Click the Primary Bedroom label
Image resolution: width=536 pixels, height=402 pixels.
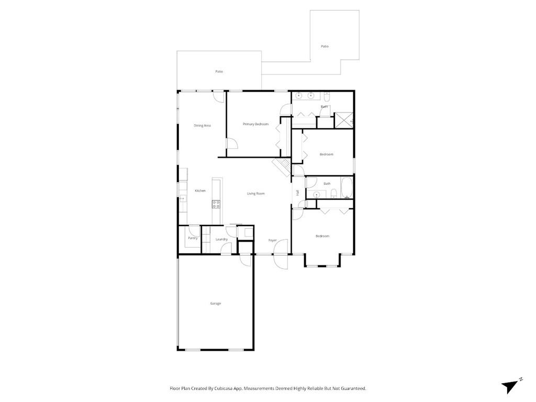coord(255,124)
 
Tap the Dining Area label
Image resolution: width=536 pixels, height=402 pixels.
coord(202,126)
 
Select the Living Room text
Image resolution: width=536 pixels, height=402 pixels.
coord(256,194)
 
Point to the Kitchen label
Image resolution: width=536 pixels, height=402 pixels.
coord(200,191)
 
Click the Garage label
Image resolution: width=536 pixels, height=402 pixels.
coord(215,304)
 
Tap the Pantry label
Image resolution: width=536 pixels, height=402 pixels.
coord(193,238)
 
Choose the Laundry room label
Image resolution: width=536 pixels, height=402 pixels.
coord(221,240)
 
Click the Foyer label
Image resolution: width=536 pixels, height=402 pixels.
coord(272,240)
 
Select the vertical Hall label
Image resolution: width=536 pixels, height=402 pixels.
coord(297,193)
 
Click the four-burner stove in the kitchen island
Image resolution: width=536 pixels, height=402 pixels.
coord(216,204)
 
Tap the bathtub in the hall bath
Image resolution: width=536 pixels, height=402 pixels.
coord(347,188)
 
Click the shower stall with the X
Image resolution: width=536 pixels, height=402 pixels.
coord(344,120)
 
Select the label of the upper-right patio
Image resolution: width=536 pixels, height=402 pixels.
coord(325,47)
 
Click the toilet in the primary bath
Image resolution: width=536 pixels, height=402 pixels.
coord(327,97)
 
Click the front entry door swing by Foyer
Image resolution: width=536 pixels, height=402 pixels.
coord(281,253)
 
